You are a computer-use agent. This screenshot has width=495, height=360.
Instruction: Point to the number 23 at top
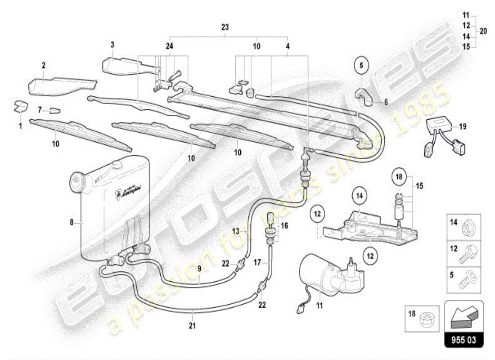[225, 27]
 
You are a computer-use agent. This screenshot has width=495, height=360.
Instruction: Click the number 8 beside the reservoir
[71, 221]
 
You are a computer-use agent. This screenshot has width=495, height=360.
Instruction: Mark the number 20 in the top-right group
[483, 31]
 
